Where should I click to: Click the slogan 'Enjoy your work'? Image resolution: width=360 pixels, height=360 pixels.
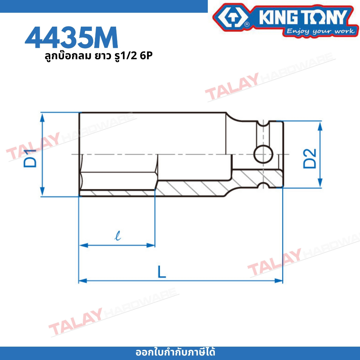pos(321,31)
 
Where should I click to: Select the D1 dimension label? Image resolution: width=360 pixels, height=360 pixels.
pos(30,158)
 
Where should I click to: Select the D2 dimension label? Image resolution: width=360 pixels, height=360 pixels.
pos(309,159)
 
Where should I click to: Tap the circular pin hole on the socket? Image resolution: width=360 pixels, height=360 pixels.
pos(263,154)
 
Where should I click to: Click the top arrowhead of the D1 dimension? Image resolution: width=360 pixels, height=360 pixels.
pos(42,117)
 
